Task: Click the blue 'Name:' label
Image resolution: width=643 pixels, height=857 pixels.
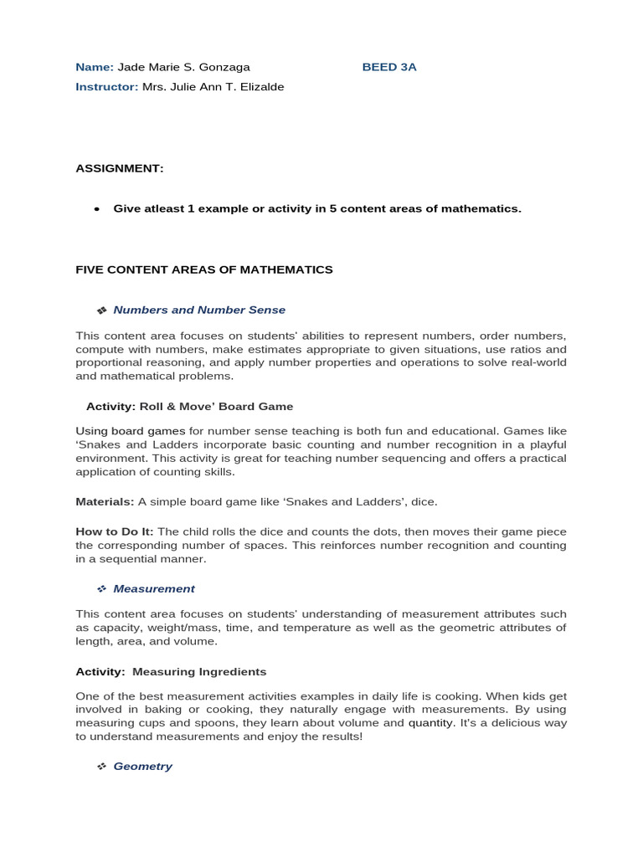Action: coord(95,67)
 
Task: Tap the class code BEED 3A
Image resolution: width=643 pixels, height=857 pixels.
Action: coord(389,67)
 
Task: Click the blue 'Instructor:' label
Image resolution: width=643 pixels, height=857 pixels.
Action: coord(107,87)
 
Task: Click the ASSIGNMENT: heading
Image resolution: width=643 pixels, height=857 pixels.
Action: coord(120,168)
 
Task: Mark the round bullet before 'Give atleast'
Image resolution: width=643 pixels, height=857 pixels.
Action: coord(97,209)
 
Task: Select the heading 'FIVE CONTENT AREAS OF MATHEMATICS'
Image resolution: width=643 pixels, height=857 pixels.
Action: coord(204,269)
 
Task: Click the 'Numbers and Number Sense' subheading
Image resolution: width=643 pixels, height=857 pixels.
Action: coord(199,310)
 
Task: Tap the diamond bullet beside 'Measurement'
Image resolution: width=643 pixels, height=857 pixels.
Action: coord(101,589)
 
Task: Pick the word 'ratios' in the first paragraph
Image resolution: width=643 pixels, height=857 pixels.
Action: coord(522,349)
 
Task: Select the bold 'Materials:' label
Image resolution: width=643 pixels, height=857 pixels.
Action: coord(105,501)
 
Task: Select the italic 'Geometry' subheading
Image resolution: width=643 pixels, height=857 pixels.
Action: coord(142,766)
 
